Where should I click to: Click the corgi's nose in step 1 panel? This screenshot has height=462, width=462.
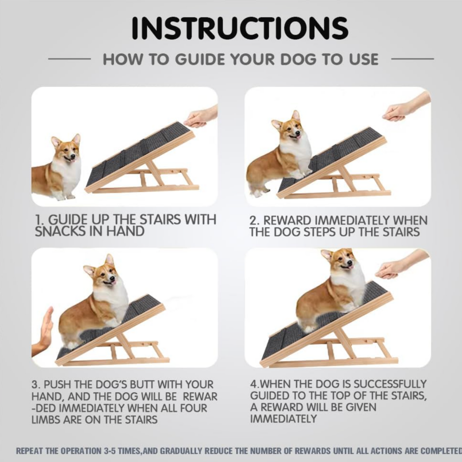[73, 157]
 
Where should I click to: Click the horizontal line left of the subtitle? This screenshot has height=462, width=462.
[69, 59]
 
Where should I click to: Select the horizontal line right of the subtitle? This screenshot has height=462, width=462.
[412, 59]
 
